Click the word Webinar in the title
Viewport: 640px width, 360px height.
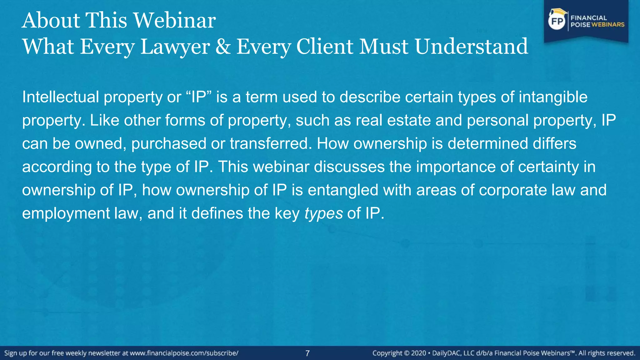pyautogui.click(x=175, y=21)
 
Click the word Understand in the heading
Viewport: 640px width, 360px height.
pyautogui.click(x=471, y=47)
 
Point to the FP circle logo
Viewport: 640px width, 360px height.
pyautogui.click(x=557, y=21)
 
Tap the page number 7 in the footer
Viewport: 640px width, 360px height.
pyautogui.click(x=307, y=353)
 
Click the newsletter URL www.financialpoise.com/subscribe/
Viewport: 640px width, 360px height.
pyautogui.click(x=184, y=353)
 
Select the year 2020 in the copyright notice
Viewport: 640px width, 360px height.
pyautogui.click(x=418, y=353)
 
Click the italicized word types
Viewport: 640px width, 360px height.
pyautogui.click(x=323, y=214)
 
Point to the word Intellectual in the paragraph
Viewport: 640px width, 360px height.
pyautogui.click(x=61, y=97)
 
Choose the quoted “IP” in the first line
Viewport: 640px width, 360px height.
pyautogui.click(x=199, y=97)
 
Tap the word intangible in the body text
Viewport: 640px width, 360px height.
pyautogui.click(x=553, y=97)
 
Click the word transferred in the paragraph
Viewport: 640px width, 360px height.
pyautogui.click(x=271, y=143)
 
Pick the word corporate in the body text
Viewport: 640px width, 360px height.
pyautogui.click(x=513, y=190)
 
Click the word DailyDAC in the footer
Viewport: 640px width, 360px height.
pyautogui.click(x=447, y=353)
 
